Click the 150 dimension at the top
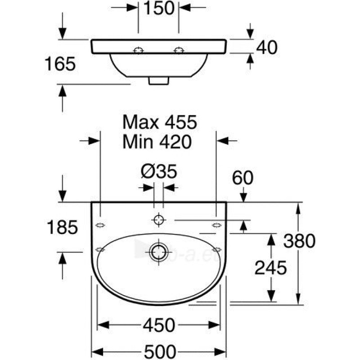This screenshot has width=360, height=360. [159, 8]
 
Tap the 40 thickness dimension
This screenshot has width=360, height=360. [266, 48]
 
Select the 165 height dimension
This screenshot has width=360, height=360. [60, 64]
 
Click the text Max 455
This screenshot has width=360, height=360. [160, 122]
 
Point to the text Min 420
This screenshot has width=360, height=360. [157, 142]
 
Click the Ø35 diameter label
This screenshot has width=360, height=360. [159, 171]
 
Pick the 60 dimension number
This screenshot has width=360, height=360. [243, 178]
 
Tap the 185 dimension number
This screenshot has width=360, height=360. [63, 227]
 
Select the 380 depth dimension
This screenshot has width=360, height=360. [299, 241]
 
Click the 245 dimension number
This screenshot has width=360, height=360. [271, 268]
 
